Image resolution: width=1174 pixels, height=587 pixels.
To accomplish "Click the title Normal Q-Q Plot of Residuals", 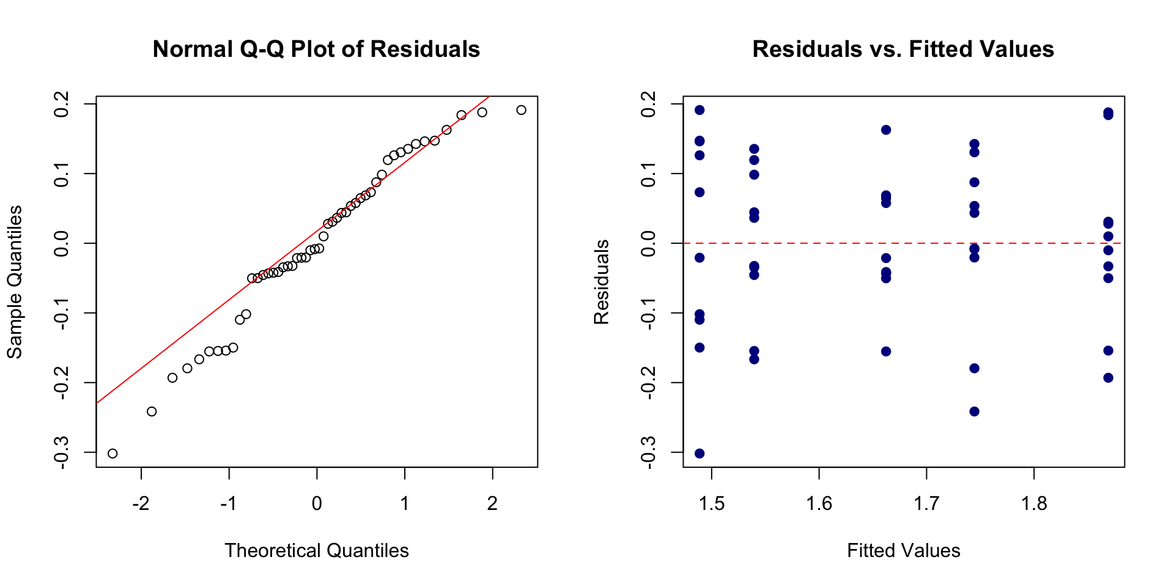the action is (x=316, y=49).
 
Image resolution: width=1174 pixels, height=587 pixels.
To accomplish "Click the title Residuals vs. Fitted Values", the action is (x=903, y=49).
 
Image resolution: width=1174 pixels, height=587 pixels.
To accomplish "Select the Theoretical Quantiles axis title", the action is (x=317, y=550).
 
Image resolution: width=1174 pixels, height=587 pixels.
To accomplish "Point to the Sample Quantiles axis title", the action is (x=15, y=282).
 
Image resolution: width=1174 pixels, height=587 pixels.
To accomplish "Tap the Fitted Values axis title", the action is (x=904, y=550).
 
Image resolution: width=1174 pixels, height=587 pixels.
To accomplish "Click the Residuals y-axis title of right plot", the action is (x=602, y=282).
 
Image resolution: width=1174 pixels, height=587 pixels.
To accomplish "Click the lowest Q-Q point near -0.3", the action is (x=113, y=453).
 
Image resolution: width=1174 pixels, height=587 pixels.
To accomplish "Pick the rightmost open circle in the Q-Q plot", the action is (x=521, y=110).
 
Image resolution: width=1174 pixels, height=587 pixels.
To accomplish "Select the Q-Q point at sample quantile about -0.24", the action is (x=152, y=412).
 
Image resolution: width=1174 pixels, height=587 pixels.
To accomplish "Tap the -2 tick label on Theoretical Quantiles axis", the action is (x=141, y=504).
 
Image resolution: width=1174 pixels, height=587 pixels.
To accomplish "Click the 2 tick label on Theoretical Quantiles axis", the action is (x=492, y=504).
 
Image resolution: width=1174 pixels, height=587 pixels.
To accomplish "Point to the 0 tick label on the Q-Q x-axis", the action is (x=317, y=504).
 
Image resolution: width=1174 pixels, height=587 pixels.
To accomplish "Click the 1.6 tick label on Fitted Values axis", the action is (x=819, y=504).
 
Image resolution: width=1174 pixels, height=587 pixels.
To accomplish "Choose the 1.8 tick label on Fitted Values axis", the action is (x=1034, y=504).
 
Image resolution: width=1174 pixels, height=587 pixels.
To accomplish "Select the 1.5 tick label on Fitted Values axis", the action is (x=711, y=504).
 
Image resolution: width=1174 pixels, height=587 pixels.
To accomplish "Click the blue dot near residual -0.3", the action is (x=700, y=453).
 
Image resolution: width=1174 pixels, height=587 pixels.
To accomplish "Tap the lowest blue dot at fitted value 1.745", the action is (x=975, y=412).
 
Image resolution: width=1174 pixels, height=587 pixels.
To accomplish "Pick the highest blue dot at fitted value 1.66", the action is (x=886, y=130).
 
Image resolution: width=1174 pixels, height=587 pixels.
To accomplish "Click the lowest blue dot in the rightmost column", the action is (x=1108, y=378).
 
